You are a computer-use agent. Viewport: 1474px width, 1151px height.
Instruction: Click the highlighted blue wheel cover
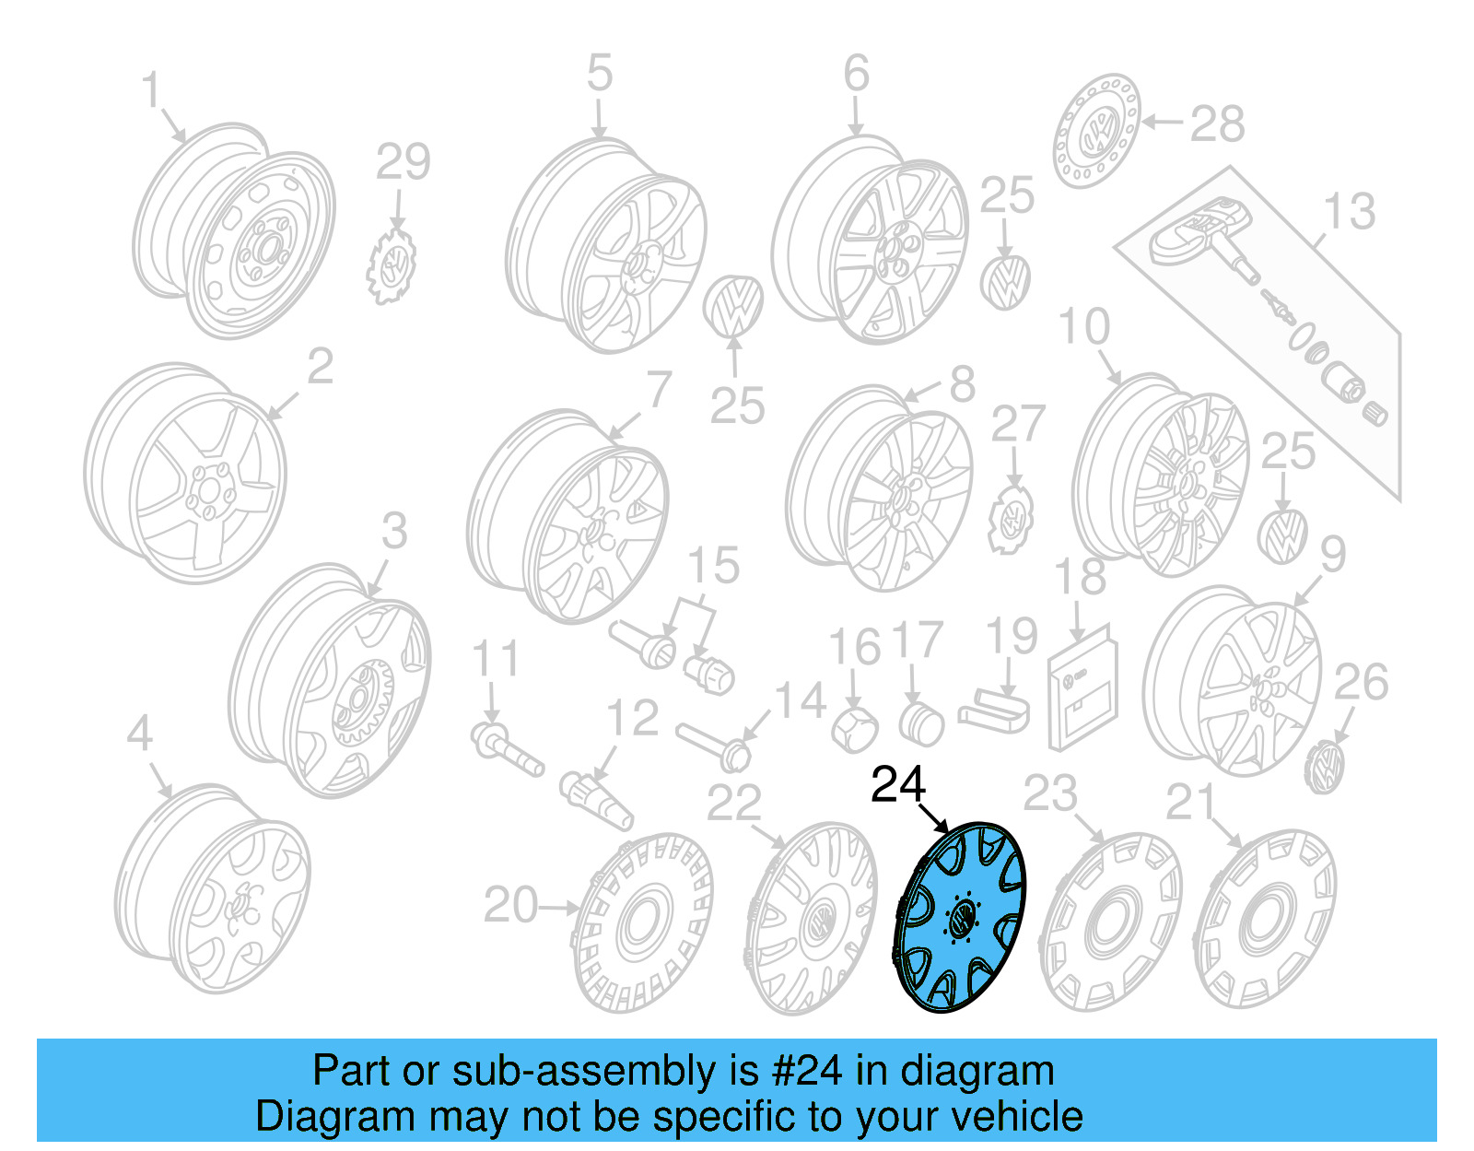click(960, 918)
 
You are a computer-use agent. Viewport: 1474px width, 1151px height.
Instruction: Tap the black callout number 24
click(897, 785)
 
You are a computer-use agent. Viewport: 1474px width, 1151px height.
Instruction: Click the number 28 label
click(1217, 124)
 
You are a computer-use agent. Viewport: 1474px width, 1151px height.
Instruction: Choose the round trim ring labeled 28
click(1095, 132)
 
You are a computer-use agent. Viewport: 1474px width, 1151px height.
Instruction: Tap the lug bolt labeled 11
click(505, 749)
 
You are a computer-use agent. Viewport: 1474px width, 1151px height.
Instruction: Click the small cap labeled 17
click(919, 724)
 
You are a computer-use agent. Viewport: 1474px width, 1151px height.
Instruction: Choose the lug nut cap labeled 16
click(853, 729)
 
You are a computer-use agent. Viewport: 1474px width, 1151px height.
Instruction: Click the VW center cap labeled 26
click(1325, 768)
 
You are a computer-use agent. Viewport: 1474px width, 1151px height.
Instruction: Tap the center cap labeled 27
click(1012, 522)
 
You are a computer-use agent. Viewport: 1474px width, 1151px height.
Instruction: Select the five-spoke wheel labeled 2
click(184, 475)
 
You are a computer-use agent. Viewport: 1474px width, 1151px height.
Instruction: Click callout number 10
click(1084, 327)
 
